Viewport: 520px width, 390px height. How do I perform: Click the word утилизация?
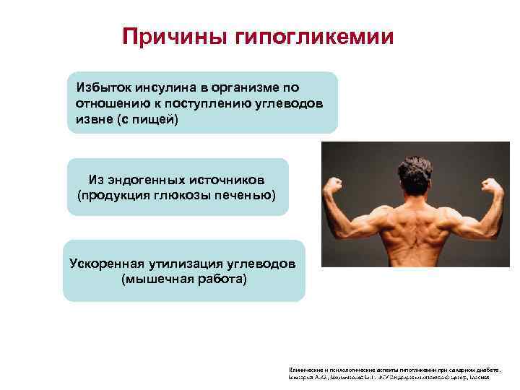tap(186, 262)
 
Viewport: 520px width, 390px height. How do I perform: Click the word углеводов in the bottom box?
tap(263, 262)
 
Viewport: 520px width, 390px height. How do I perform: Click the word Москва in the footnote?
tap(479, 377)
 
